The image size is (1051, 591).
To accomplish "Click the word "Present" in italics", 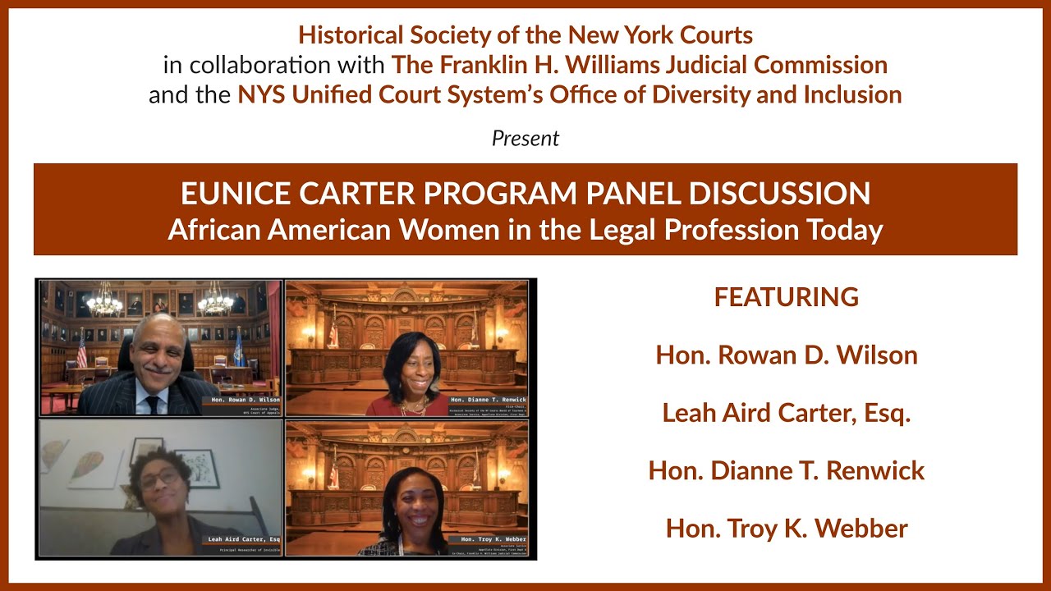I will pos(525,139).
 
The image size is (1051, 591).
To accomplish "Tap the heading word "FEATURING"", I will pos(787,297).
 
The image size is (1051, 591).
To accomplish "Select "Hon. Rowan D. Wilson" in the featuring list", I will pos(787,355).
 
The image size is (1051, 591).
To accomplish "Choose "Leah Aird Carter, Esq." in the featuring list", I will pos(787,413).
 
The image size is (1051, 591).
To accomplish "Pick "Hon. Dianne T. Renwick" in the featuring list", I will pos(787,470).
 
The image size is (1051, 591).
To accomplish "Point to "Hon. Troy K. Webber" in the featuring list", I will pos(787,529).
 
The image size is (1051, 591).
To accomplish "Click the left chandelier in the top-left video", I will pos(104,302).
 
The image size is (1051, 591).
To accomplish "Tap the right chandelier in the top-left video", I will pos(215,301).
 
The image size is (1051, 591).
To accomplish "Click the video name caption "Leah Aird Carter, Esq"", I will pos(244,539).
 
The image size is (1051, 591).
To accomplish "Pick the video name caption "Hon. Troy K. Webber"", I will pos(493,539).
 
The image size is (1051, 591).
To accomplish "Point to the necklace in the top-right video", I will pos(412,405).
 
